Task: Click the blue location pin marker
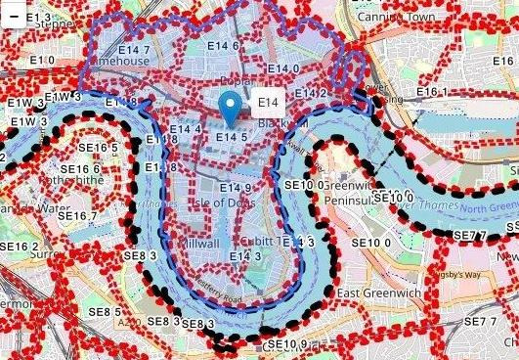(232, 105)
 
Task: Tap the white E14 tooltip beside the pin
(270, 102)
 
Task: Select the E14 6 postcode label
(222, 45)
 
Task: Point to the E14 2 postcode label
(311, 93)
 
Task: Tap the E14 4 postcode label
(186, 129)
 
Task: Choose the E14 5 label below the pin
(232, 137)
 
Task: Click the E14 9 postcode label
(236, 188)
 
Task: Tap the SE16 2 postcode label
(21, 247)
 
